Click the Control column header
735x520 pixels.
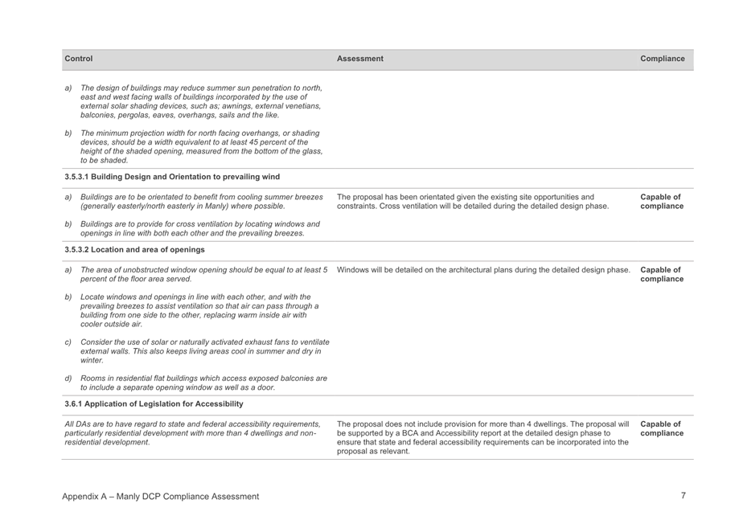(x=79, y=59)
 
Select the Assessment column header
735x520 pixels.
(x=360, y=59)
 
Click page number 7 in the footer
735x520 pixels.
(x=683, y=496)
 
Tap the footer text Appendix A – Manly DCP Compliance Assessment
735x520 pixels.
(x=161, y=497)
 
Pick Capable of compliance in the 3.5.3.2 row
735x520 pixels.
(x=662, y=274)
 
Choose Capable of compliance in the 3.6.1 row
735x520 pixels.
(x=662, y=428)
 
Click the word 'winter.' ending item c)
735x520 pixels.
(x=93, y=361)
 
